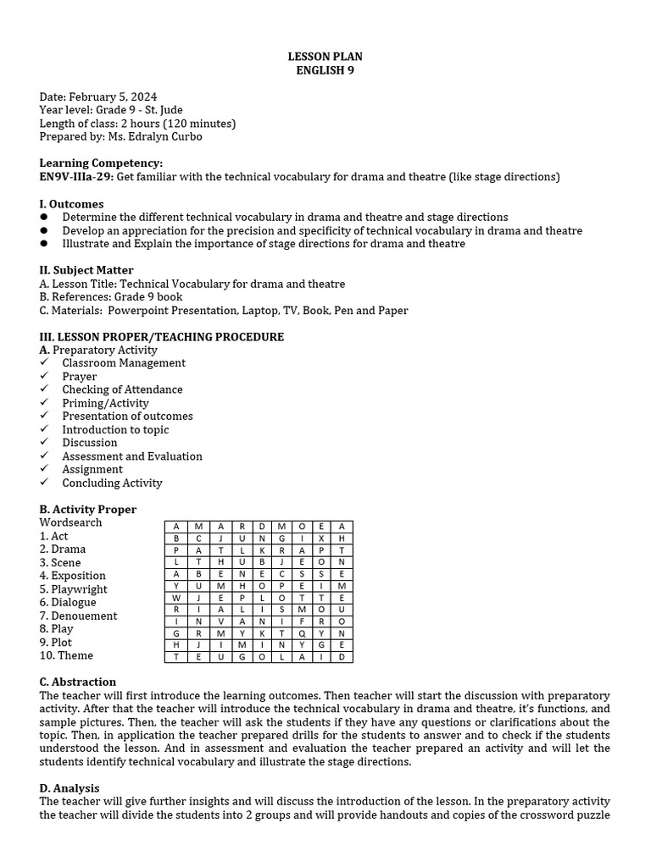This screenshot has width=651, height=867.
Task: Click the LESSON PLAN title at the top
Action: [325, 57]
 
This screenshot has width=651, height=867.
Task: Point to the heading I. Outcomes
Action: [71, 204]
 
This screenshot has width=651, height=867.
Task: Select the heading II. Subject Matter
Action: [86, 270]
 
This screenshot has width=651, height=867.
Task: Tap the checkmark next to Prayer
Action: [44, 376]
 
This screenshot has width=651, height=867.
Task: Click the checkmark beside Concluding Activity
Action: [44, 483]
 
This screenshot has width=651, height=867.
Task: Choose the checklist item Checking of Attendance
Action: [122, 389]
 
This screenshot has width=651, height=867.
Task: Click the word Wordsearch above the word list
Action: [70, 522]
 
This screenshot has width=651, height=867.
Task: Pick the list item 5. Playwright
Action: [74, 589]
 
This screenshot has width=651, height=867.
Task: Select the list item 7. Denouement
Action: [78, 616]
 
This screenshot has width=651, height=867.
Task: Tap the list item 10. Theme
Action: [66, 655]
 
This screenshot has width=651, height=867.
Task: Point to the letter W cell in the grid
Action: [176, 597]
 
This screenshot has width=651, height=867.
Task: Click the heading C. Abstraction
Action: [78, 682]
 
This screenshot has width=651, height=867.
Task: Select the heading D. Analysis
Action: [70, 788]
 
